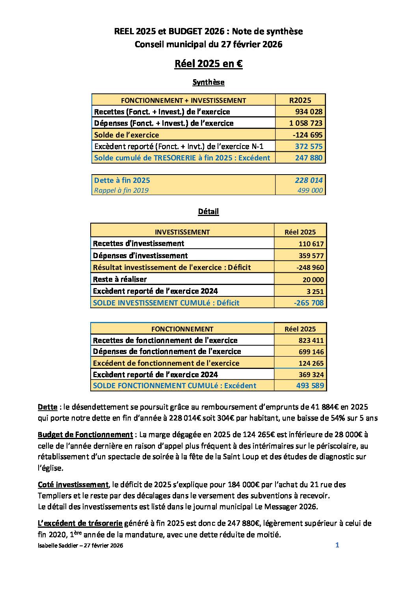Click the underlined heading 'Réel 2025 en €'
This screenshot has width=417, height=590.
coord(208,64)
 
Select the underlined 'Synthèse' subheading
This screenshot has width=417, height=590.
coord(208,82)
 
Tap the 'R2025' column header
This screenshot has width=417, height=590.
coord(300,100)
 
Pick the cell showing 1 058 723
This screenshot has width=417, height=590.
coord(305,123)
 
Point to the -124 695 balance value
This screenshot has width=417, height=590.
coord(307,135)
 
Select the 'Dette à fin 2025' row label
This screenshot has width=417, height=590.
coord(122,180)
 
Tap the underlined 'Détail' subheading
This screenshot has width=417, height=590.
coord(208,211)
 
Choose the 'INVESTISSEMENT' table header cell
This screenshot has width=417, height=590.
coord(182,232)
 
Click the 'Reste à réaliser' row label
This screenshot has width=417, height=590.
coord(120,279)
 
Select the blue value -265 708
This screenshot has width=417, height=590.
coord(309,303)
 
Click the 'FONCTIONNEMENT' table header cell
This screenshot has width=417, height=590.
coord(182,329)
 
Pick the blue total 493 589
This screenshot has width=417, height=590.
coord(310,385)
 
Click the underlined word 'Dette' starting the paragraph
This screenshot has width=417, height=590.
coord(47,406)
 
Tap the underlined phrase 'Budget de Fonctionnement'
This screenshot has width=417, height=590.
coord(85,435)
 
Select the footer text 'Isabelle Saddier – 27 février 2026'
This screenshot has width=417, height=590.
coord(80,546)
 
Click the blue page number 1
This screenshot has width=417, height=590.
coord(337,545)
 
